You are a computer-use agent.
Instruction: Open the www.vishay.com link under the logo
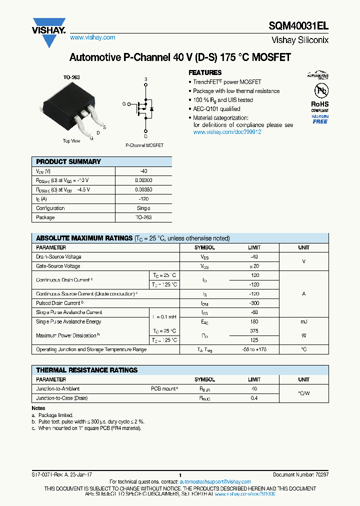click(92, 37)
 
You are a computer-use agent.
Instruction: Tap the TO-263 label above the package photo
click(71, 77)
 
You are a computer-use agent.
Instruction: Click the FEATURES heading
click(205, 72)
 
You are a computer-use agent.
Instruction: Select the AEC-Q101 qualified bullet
click(216, 109)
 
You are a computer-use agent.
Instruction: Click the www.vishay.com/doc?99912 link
click(227, 132)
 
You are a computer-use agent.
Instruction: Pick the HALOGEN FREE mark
click(320, 119)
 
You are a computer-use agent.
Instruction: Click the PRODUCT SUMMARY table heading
click(68, 162)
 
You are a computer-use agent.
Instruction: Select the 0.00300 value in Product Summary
click(143, 180)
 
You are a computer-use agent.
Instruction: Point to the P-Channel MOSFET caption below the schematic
click(144, 145)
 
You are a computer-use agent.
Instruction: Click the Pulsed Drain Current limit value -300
click(254, 303)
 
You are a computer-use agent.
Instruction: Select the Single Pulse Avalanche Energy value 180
click(254, 321)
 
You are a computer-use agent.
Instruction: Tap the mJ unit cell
click(303, 321)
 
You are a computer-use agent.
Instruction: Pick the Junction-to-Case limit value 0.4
click(254, 398)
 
